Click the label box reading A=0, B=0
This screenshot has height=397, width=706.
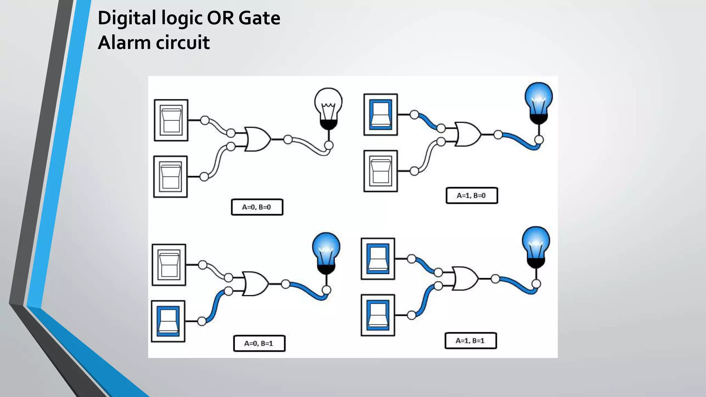click(x=257, y=207)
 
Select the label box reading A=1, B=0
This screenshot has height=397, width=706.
click(x=472, y=195)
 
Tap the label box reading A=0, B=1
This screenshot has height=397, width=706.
click(x=259, y=343)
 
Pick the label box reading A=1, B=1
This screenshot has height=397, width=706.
click(x=471, y=340)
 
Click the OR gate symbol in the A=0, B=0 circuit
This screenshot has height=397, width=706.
click(x=257, y=139)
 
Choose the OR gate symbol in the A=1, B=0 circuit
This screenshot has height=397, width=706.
click(x=467, y=134)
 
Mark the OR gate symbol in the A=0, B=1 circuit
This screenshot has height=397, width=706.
click(x=255, y=284)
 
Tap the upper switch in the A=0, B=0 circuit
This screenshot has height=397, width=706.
click(x=171, y=120)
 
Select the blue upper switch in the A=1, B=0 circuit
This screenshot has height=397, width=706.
click(x=381, y=114)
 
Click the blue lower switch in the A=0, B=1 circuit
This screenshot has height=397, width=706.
click(x=168, y=321)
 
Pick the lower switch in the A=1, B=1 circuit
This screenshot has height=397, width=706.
click(x=378, y=315)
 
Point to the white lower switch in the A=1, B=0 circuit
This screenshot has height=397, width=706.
click(x=381, y=171)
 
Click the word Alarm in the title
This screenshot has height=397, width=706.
click(x=124, y=43)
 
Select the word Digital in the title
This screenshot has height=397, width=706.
click(x=127, y=18)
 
